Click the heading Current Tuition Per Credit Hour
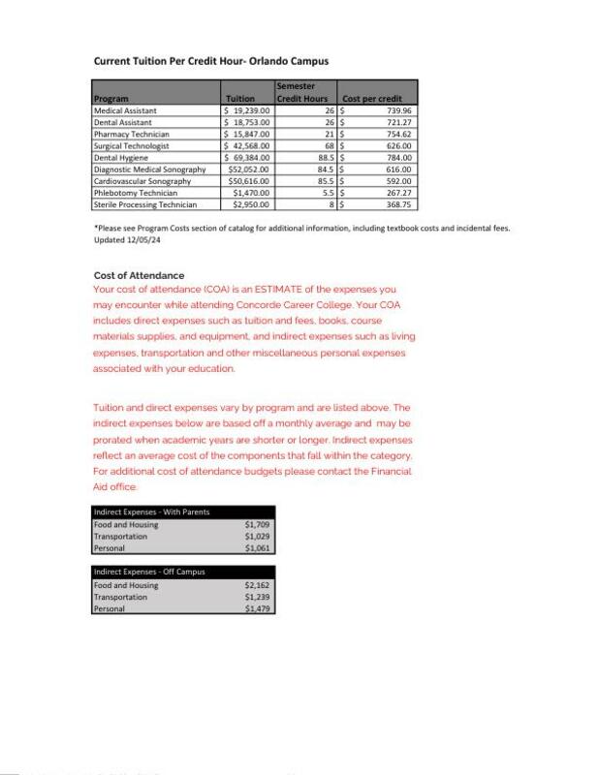click(x=210, y=61)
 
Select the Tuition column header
click(x=239, y=99)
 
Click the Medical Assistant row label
click(x=125, y=110)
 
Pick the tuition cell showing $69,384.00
click(x=248, y=157)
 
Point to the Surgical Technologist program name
click(x=132, y=145)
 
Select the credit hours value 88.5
click(x=325, y=157)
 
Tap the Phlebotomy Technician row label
click(x=135, y=193)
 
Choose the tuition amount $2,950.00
click(x=250, y=204)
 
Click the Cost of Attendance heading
click(x=139, y=276)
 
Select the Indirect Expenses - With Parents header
click(x=151, y=511)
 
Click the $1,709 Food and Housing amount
click(x=257, y=525)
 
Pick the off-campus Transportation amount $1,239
click(x=257, y=597)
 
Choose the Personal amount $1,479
click(x=257, y=609)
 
